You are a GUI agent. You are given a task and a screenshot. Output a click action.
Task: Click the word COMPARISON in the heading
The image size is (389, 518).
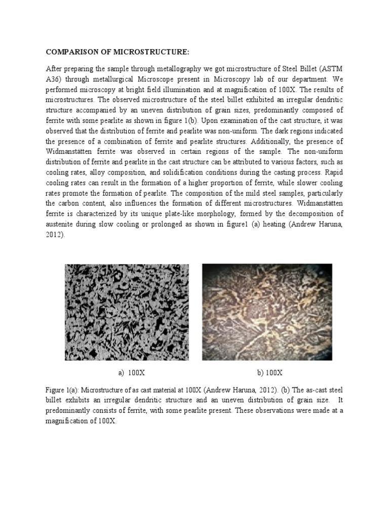coord(70,52)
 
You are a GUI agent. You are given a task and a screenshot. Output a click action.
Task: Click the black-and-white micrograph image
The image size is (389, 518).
coord(127,312)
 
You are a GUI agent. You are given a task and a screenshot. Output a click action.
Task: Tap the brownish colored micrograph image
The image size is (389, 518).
coord(267,312)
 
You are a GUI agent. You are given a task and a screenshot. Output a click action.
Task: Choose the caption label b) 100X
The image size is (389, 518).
coord(269,373)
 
